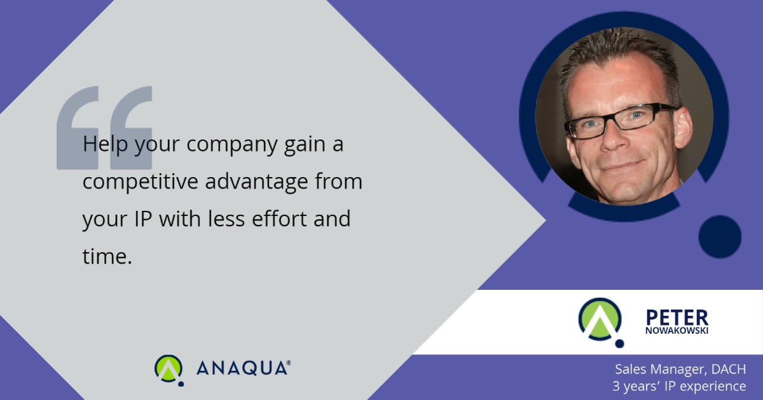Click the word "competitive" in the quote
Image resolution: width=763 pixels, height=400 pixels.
tap(141, 182)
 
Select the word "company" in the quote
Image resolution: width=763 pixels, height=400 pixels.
tap(232, 145)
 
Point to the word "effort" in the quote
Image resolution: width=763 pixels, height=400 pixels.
tap(279, 218)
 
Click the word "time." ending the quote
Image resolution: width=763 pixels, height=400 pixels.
tap(107, 256)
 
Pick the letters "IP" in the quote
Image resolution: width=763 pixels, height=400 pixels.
tap(142, 218)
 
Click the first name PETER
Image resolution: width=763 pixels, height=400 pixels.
tap(677, 318)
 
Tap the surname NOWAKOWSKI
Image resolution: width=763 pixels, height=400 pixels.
tap(677, 331)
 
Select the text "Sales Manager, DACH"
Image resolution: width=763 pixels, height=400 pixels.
tap(680, 369)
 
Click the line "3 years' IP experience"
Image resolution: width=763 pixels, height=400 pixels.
tap(679, 386)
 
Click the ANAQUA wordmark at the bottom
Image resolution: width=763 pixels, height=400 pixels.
tap(243, 368)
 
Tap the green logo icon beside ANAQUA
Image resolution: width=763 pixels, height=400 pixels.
tap(169, 370)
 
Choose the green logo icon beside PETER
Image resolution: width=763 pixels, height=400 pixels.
tap(601, 322)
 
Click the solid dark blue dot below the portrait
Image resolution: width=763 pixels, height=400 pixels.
tap(720, 236)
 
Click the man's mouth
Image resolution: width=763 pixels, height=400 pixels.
tap(623, 166)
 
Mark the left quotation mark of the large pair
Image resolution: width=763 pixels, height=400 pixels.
tap(78, 128)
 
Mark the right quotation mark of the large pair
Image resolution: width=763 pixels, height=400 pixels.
tap(131, 128)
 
